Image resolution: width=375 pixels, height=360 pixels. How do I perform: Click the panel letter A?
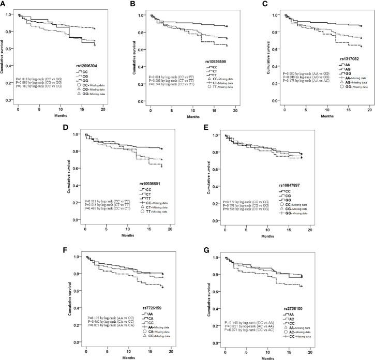tap(4, 4)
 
